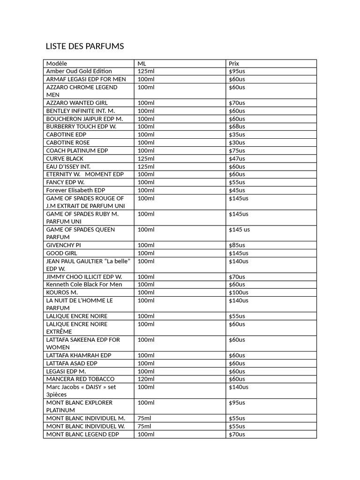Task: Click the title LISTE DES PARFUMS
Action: [x=84, y=46]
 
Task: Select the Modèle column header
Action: [x=57, y=63]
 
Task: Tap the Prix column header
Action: [x=234, y=63]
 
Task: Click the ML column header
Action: [x=142, y=63]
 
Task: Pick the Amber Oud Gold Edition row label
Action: [x=79, y=71]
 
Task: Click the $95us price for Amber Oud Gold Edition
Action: [x=237, y=71]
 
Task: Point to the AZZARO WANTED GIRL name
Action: [x=77, y=103]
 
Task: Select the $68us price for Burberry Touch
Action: [x=237, y=127]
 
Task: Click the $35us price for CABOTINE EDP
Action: [x=237, y=135]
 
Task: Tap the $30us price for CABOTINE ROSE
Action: [x=237, y=142]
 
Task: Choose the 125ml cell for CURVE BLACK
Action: [x=146, y=158]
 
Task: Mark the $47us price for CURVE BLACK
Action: [x=237, y=158]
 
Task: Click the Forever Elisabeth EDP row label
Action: [x=75, y=190]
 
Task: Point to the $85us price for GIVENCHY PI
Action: [x=237, y=245]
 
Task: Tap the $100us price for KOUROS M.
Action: [x=239, y=292]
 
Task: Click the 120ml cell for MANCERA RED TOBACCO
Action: [x=146, y=379]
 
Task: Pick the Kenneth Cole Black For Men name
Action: [x=84, y=285]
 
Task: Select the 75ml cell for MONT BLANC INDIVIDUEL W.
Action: [x=144, y=426]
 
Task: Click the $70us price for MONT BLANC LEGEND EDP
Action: [x=237, y=434]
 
